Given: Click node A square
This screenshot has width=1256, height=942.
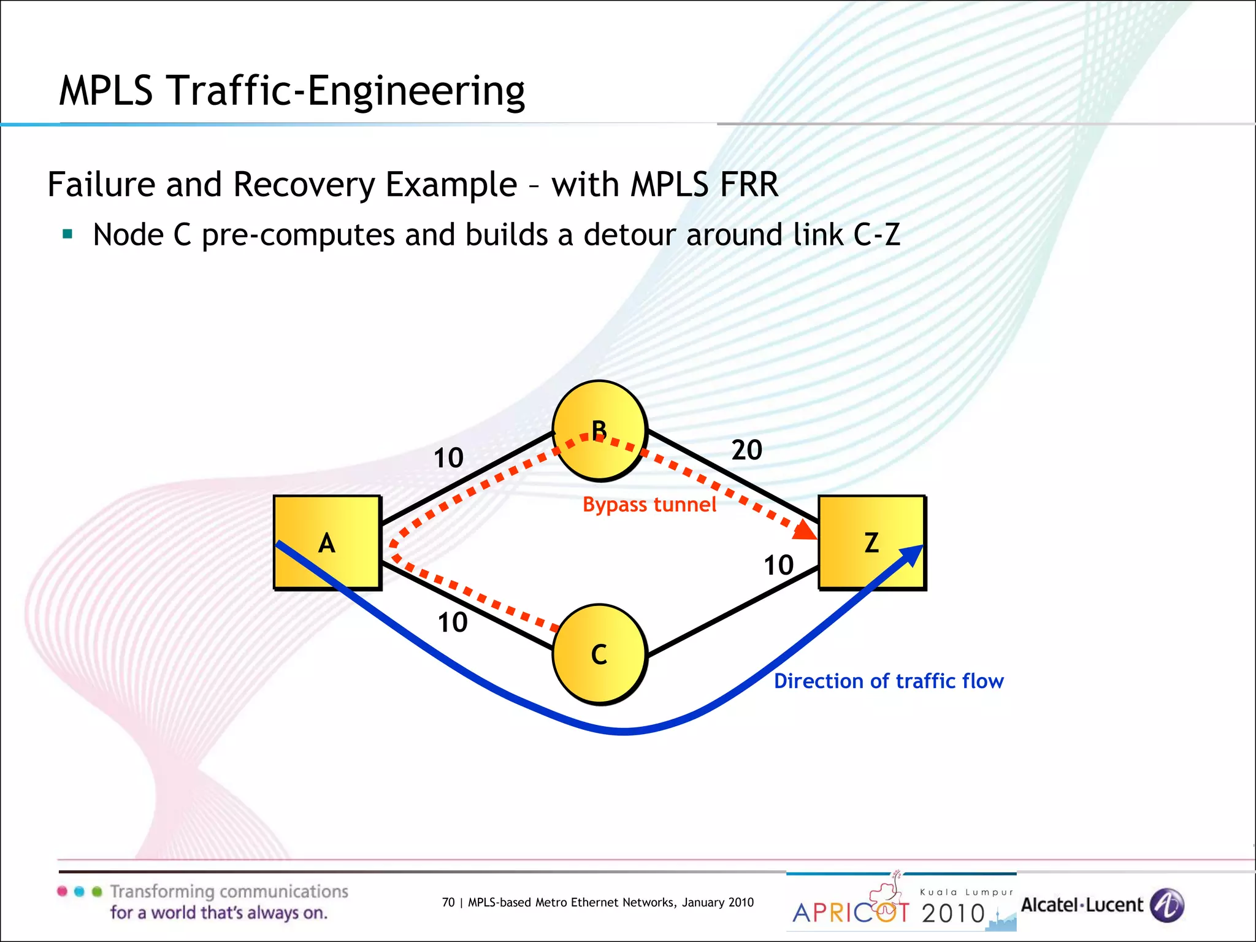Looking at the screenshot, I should pyautogui.click(x=327, y=543).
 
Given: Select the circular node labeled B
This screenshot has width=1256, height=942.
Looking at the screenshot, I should pyautogui.click(x=599, y=431).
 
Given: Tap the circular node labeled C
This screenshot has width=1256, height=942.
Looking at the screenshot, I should pyautogui.click(x=599, y=654).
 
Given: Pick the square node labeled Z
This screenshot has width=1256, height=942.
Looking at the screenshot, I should pyautogui.click(x=871, y=543).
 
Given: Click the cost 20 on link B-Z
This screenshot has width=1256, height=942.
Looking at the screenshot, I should pyautogui.click(x=746, y=450).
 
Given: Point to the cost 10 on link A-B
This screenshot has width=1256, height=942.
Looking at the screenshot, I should pyautogui.click(x=448, y=458).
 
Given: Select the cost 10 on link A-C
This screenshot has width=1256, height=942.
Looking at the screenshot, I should pyautogui.click(x=452, y=623).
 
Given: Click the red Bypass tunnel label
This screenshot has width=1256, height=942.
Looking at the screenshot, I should pyautogui.click(x=649, y=505).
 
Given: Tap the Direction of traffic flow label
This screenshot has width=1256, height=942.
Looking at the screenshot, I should pyautogui.click(x=889, y=681).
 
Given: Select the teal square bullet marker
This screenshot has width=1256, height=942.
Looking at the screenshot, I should pyautogui.click(x=67, y=234).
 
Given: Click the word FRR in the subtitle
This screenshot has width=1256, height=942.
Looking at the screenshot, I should pyautogui.click(x=748, y=185).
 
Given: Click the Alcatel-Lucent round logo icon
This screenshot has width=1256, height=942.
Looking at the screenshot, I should pyautogui.click(x=1166, y=905).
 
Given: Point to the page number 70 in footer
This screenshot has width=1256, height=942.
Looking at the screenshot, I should pyautogui.click(x=448, y=902).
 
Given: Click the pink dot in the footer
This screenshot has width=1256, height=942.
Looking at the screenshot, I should pyautogui.click(x=62, y=891).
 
